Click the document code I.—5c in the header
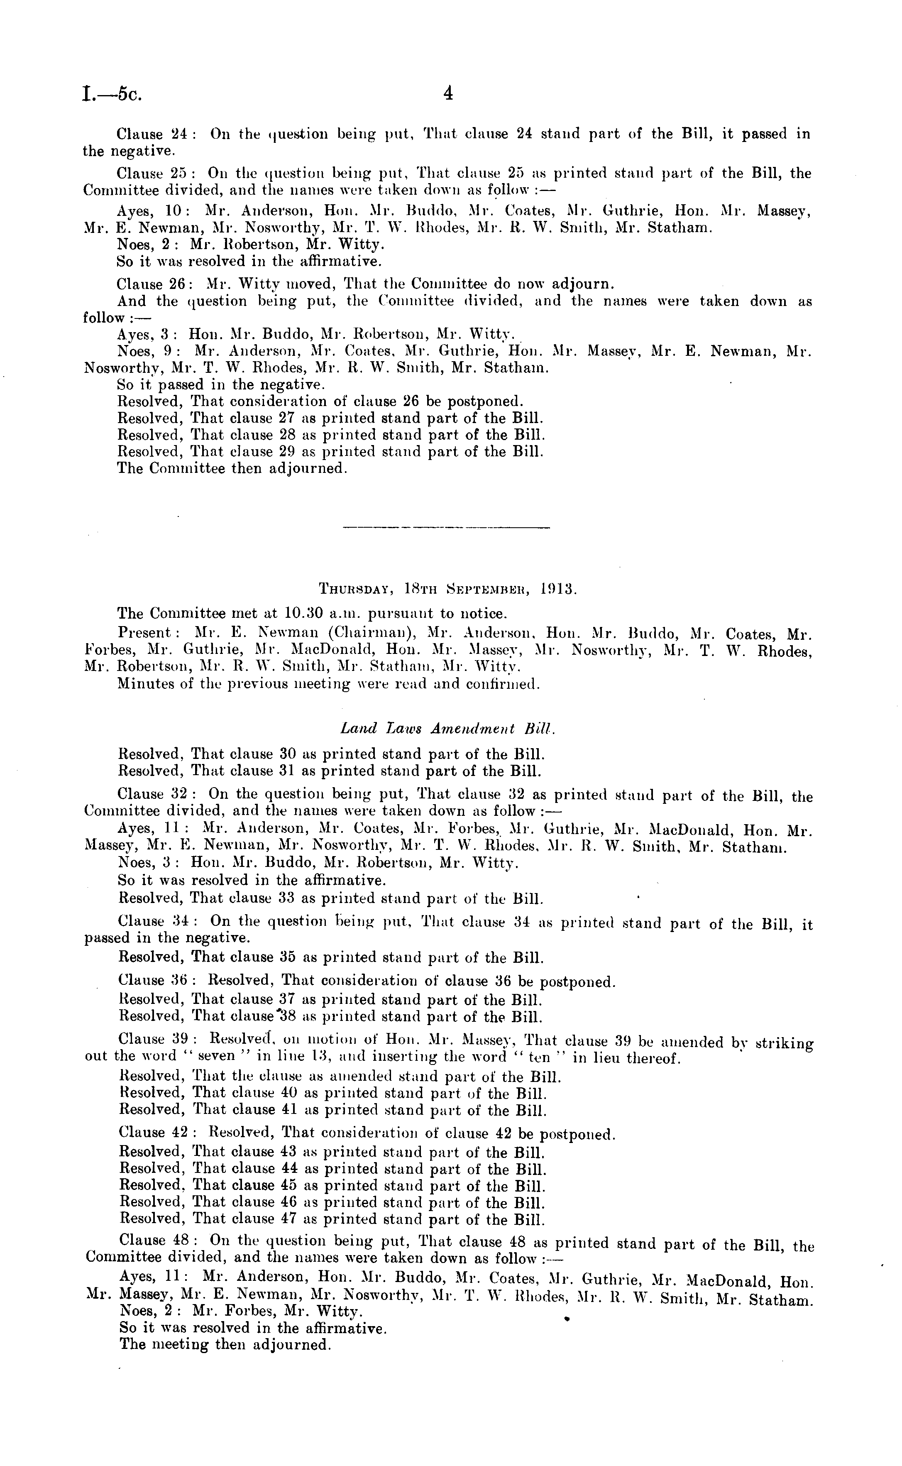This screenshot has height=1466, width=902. pyautogui.click(x=112, y=94)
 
